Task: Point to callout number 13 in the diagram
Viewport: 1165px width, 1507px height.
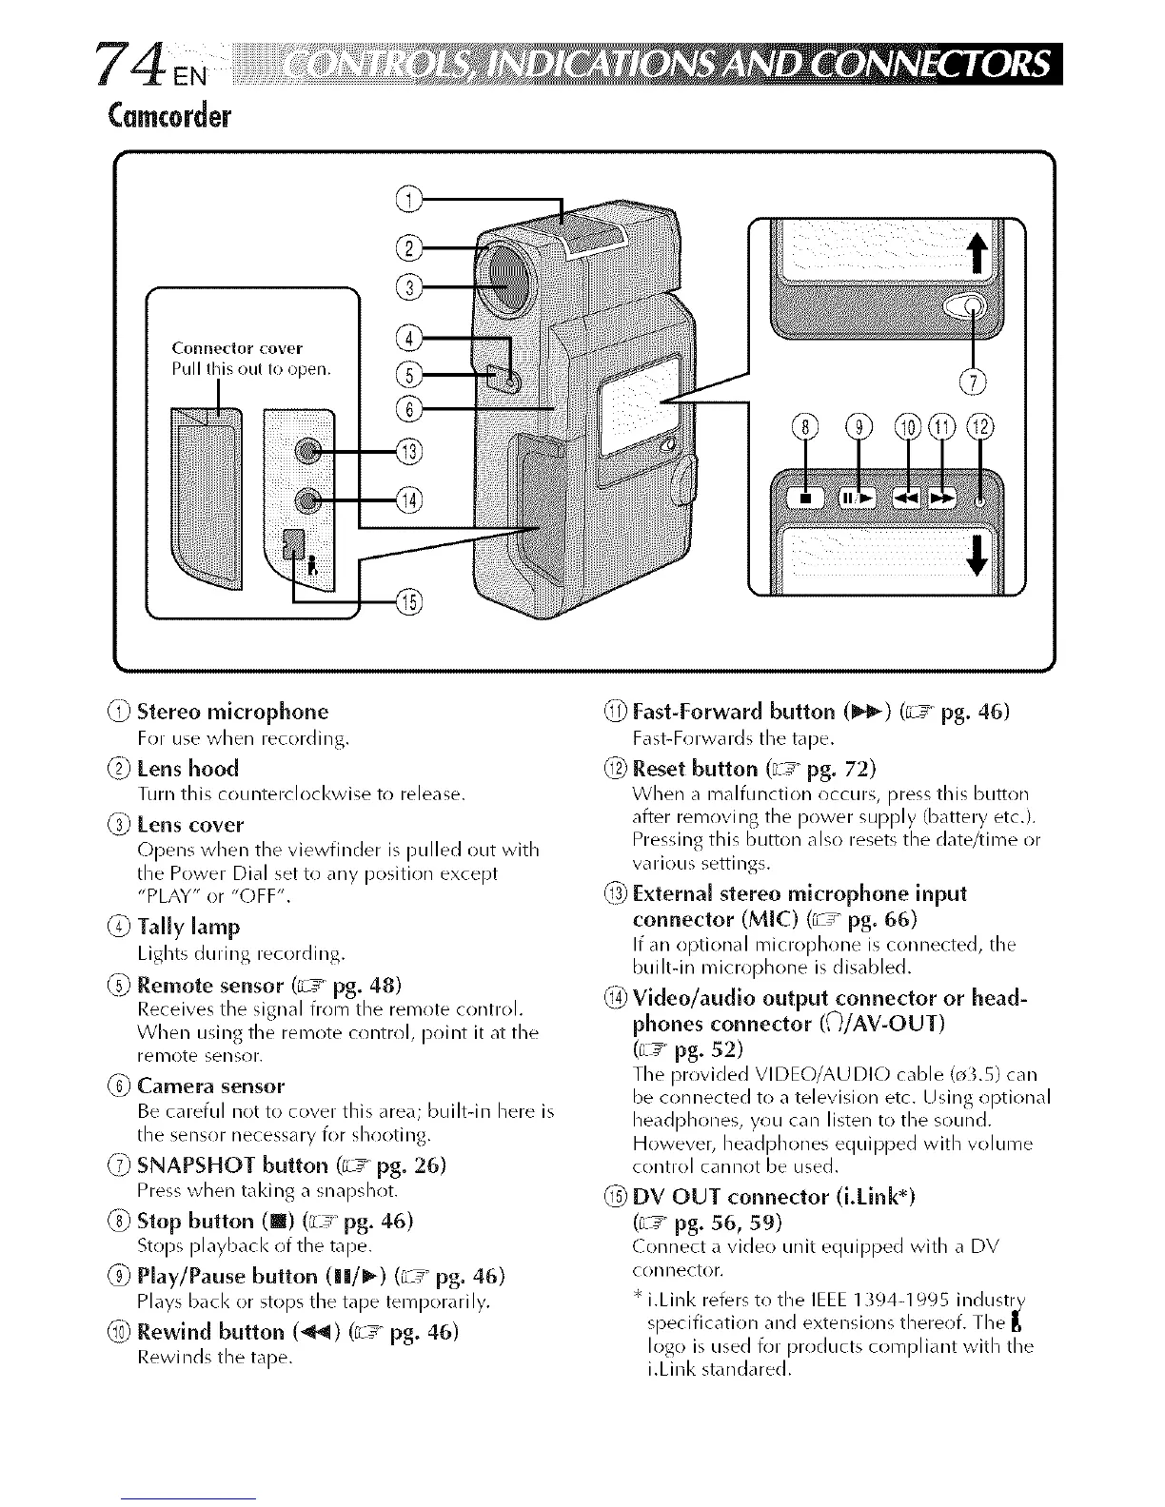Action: (411, 450)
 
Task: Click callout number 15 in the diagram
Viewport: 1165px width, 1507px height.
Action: (410, 601)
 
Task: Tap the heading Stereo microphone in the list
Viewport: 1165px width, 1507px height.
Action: (232, 712)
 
